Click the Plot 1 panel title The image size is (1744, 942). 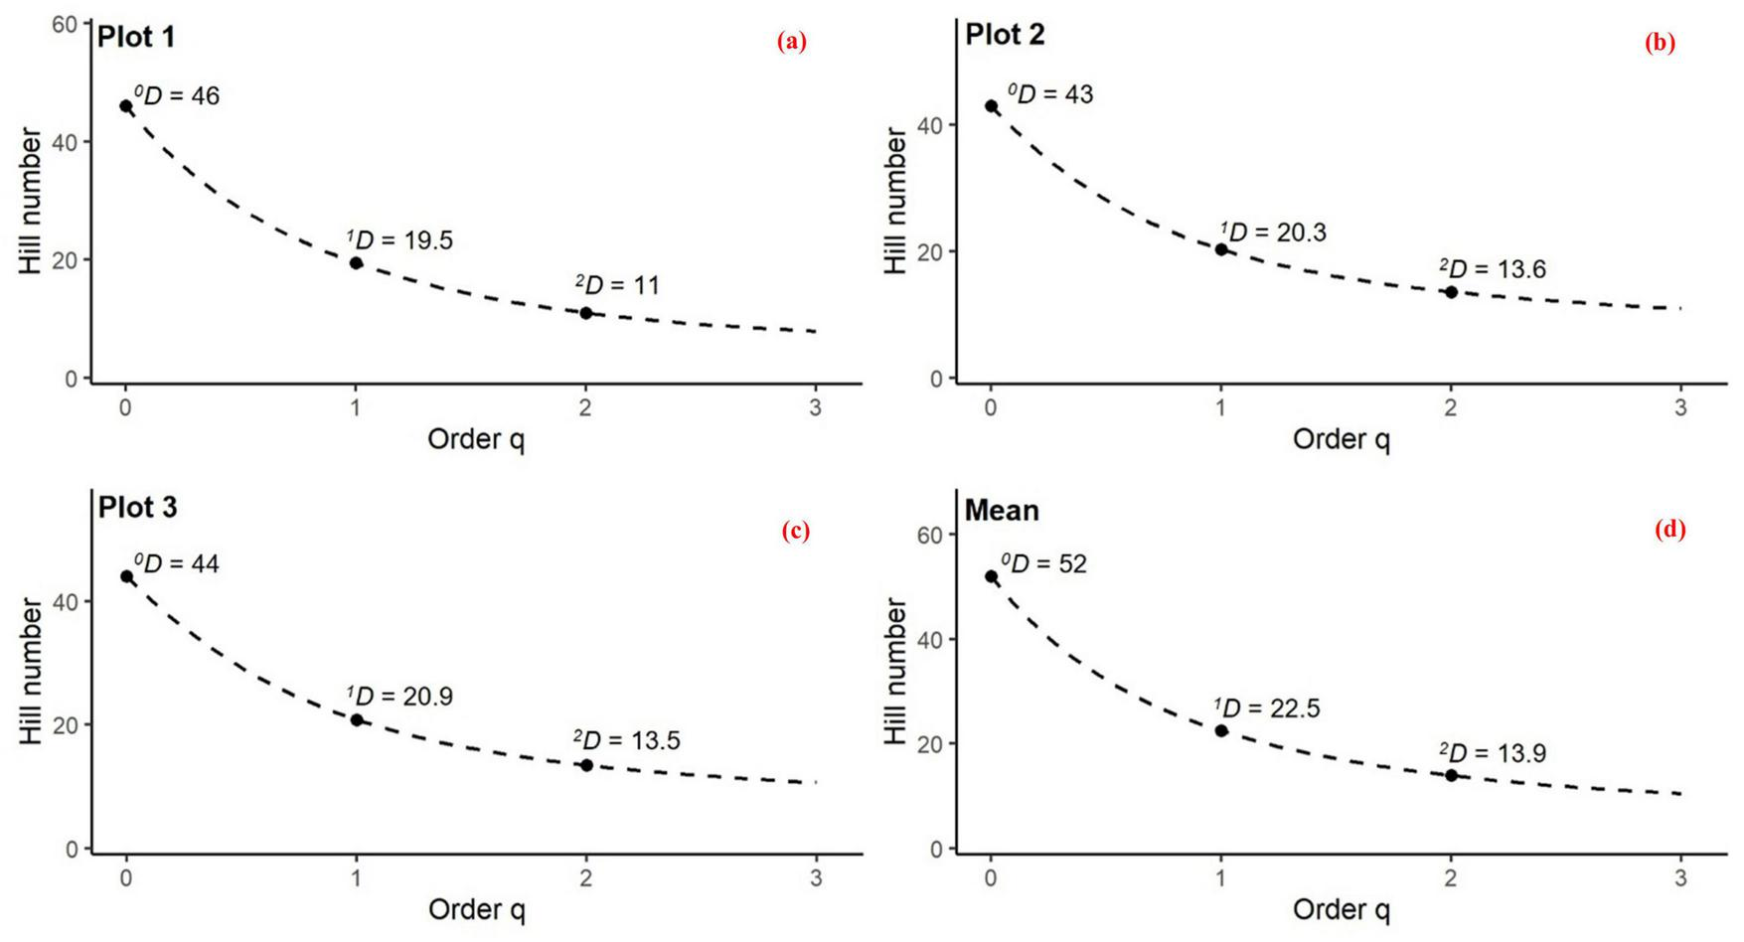[x=136, y=38]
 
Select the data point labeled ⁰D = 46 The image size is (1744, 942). [x=126, y=106]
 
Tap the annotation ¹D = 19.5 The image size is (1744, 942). [x=399, y=240]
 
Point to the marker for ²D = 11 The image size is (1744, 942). [x=586, y=313]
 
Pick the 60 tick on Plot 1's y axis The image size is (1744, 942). [x=65, y=24]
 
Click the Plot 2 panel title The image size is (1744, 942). [x=1005, y=35]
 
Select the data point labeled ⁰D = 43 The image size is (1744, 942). [x=991, y=106]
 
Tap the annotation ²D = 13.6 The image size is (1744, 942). [x=1493, y=269]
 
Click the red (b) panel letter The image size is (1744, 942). [x=1660, y=42]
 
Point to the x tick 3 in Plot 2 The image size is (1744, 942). [x=1680, y=407]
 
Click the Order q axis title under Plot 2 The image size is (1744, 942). [x=1341, y=438]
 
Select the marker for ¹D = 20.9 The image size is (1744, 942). [x=357, y=719]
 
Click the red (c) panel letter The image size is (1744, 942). [x=796, y=531]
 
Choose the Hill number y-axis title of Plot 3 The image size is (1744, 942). [x=31, y=672]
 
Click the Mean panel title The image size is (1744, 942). [x=1002, y=511]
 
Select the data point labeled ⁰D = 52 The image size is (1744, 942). [x=991, y=576]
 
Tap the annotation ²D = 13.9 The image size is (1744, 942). [x=1493, y=753]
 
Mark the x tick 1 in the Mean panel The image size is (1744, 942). [x=1221, y=878]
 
